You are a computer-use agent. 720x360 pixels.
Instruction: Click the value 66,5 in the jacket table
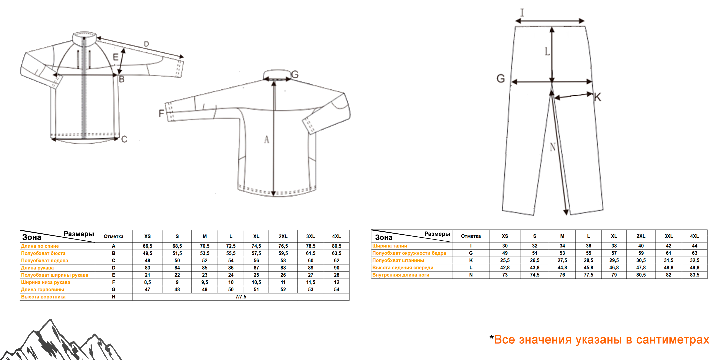pos(147,246)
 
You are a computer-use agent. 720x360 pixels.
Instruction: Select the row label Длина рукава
pos(37,268)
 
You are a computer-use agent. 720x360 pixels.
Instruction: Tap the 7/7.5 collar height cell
pos(241,297)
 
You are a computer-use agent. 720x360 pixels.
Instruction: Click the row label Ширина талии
pos(390,246)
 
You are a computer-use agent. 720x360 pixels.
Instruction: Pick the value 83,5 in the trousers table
pos(695,275)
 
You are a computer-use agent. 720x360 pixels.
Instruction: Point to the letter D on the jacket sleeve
pos(146,44)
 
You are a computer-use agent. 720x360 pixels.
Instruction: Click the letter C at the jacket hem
pos(124,139)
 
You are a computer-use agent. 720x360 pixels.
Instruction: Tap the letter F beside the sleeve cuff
pos(161,114)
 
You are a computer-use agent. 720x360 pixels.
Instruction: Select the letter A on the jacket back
pos(266,139)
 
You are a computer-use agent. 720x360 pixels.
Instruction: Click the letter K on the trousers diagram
pos(598,97)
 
